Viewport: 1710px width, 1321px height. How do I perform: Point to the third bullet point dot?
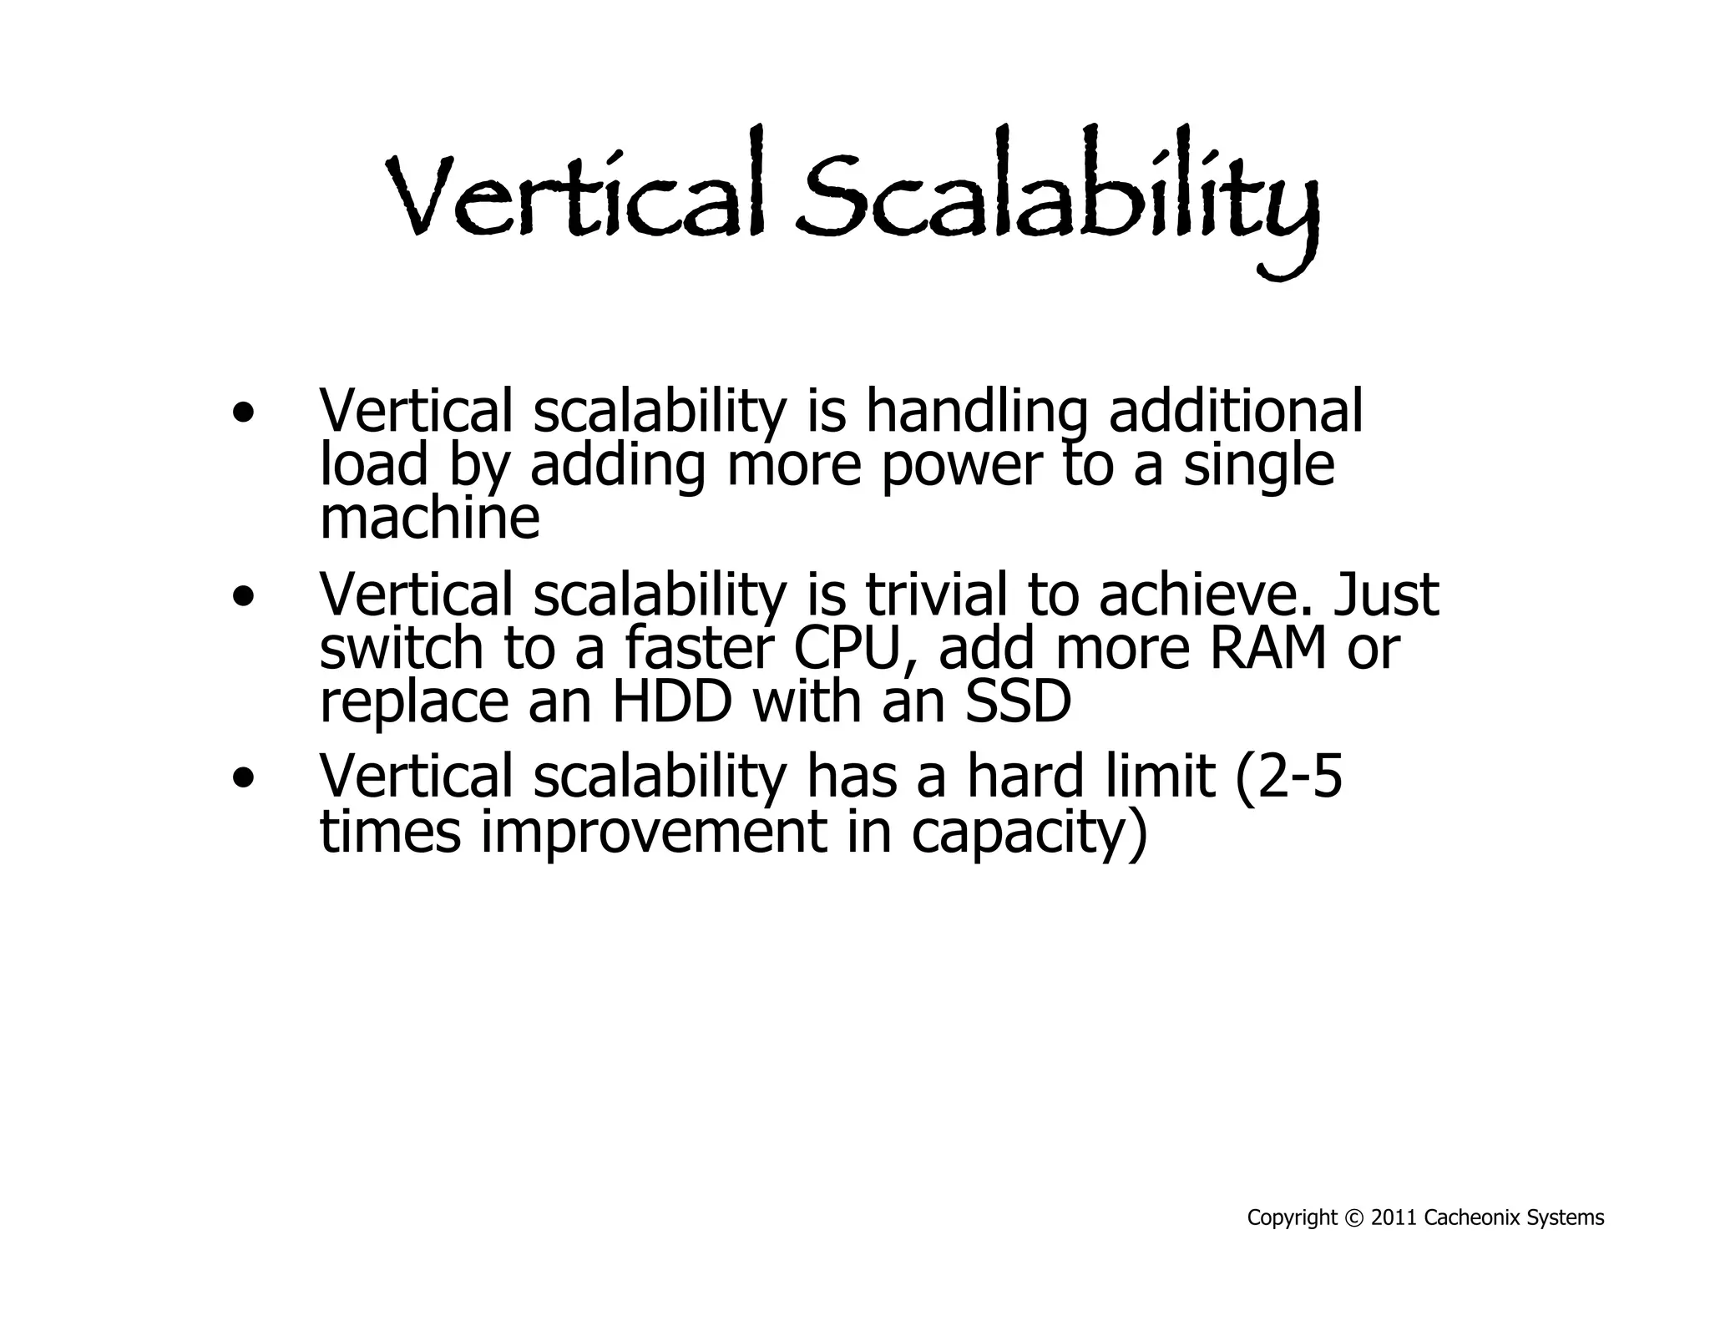coord(243,778)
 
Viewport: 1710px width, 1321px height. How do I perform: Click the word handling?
coord(977,412)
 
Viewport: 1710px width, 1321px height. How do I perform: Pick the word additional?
coord(1236,411)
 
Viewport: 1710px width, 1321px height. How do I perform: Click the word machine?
coord(430,519)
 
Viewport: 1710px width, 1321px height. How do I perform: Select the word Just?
coord(1387,595)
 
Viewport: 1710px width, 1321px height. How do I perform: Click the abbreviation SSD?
coord(1018,702)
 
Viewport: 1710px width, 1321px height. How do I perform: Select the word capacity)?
coord(1030,834)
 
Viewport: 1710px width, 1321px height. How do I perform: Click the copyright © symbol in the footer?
coord(1354,1218)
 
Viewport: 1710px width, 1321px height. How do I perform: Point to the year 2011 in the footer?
coord(1394,1218)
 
